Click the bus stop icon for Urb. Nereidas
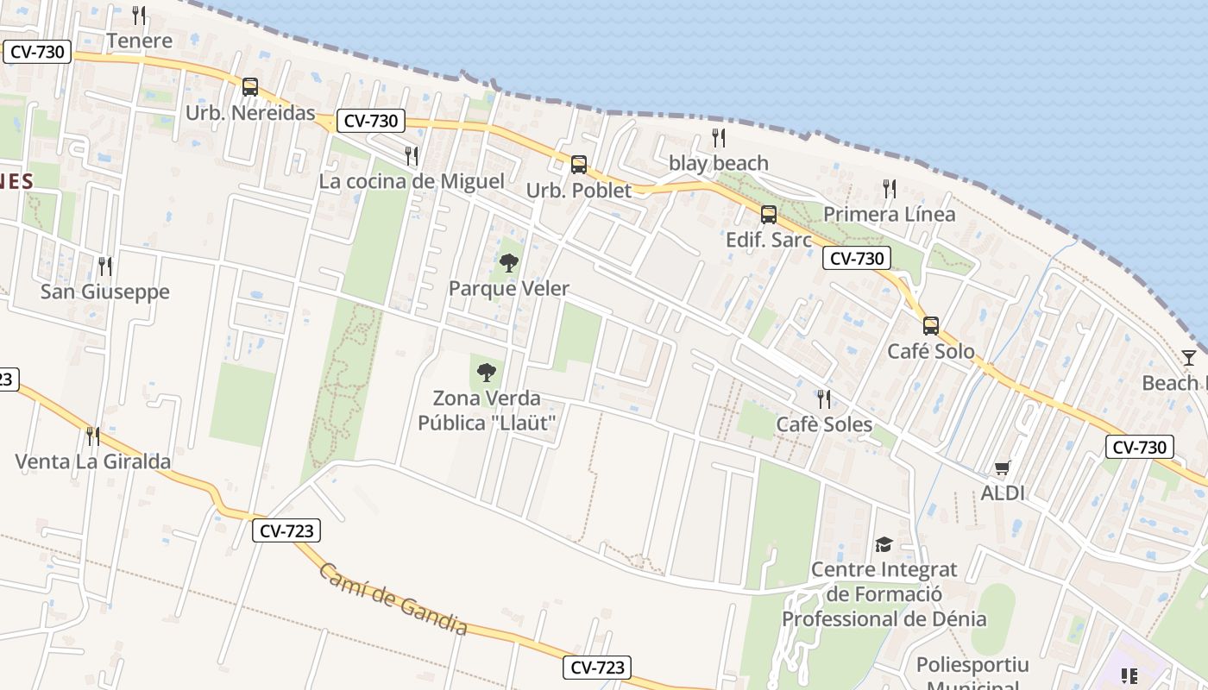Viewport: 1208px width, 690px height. pyautogui.click(x=250, y=86)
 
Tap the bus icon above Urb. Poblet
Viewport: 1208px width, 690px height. pyautogui.click(x=579, y=164)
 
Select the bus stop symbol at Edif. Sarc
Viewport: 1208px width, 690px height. pyautogui.click(x=769, y=214)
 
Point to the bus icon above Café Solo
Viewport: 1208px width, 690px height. pyautogui.click(x=931, y=325)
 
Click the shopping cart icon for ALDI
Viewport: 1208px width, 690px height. pyautogui.click(x=1002, y=467)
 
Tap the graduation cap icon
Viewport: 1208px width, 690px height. pyautogui.click(x=884, y=544)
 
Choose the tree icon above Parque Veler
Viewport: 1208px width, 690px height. pyautogui.click(x=509, y=262)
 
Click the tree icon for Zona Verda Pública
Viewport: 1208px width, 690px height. pyautogui.click(x=487, y=373)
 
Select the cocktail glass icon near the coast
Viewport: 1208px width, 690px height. pyautogui.click(x=1189, y=357)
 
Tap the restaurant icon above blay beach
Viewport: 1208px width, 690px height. pyautogui.click(x=718, y=137)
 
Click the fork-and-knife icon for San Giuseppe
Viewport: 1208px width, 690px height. pyautogui.click(x=105, y=266)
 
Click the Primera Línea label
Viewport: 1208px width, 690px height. pyautogui.click(x=889, y=214)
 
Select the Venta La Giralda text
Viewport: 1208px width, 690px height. pyautogui.click(x=93, y=461)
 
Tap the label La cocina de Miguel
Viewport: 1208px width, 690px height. pyautogui.click(x=412, y=181)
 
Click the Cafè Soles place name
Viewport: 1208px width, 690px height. pyautogui.click(x=824, y=424)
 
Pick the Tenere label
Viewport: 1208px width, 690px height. pyautogui.click(x=139, y=41)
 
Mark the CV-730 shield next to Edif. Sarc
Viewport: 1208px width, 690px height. pyautogui.click(x=855, y=258)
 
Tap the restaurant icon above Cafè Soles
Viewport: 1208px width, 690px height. pyautogui.click(x=824, y=398)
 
